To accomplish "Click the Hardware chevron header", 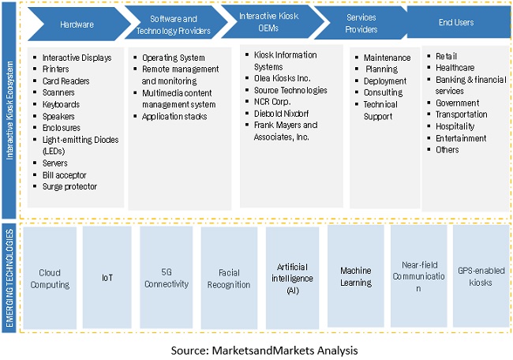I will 76,24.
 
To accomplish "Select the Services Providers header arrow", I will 361,24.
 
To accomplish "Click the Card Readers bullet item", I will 66,81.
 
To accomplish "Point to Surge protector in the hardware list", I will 69,186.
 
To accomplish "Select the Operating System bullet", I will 173,58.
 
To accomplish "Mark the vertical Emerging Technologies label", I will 10,276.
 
